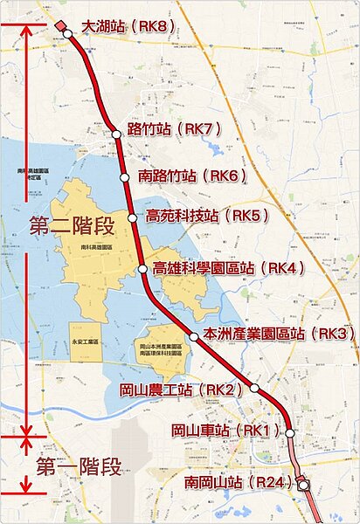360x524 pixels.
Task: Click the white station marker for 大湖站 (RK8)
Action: pyautogui.click(x=67, y=34)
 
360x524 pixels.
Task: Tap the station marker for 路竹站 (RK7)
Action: pyautogui.click(x=116, y=134)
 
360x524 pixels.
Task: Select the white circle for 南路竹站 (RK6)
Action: pyautogui.click(x=124, y=176)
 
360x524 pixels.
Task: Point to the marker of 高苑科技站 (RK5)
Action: pyautogui.click(x=133, y=217)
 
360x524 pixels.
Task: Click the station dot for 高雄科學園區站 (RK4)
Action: pyautogui.click(x=143, y=269)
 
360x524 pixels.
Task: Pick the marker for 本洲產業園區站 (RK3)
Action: pyautogui.click(x=193, y=335)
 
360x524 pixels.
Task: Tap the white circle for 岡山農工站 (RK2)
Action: pyautogui.click(x=254, y=387)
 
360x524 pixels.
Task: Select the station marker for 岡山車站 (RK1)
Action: pyautogui.click(x=289, y=431)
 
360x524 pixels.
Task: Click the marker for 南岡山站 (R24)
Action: pyautogui.click(x=302, y=484)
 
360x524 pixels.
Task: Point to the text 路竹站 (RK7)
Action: pyautogui.click(x=175, y=129)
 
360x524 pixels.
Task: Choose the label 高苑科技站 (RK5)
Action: pyautogui.click(x=207, y=215)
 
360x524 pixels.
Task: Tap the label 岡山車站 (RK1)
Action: pyautogui.click(x=226, y=430)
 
